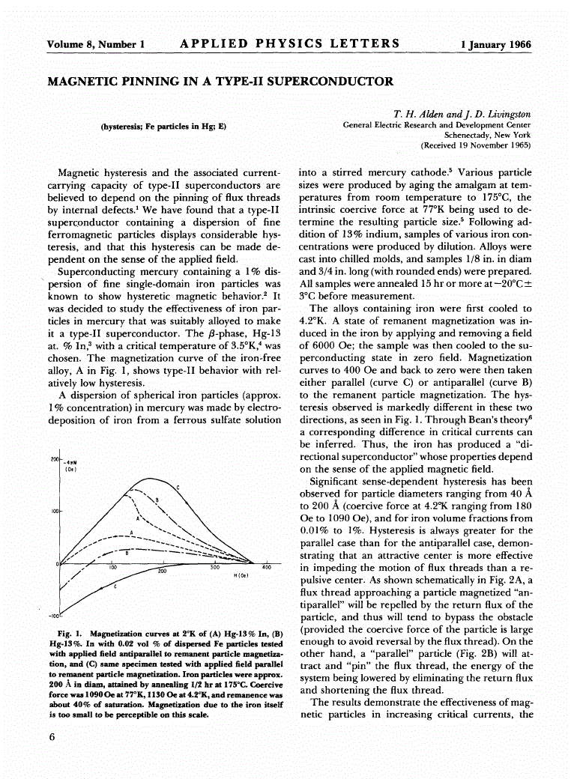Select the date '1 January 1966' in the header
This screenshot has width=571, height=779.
495,44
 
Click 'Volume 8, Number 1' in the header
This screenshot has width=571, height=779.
95,44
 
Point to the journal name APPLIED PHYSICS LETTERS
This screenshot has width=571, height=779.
290,43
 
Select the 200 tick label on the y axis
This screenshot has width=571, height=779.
54,458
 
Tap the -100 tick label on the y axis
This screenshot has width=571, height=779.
53,616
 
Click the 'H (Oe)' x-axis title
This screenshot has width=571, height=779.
242,575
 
